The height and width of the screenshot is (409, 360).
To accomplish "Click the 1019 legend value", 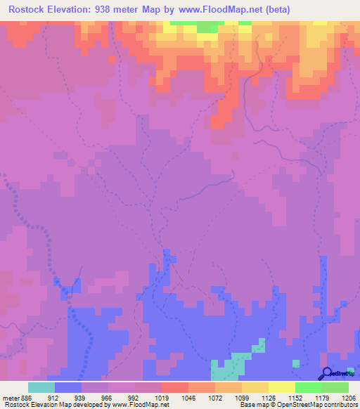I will tap(162, 397).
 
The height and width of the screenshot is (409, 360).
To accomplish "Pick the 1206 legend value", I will tap(349, 397).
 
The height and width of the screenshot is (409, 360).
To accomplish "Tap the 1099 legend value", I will tap(242, 397).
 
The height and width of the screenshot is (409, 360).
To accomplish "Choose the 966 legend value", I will tap(108, 397).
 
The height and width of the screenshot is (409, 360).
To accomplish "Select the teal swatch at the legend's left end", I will tap(41, 387).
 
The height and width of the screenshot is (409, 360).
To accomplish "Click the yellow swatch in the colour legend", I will tap(282, 387).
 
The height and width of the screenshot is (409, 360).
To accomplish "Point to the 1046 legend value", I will tap(188, 397).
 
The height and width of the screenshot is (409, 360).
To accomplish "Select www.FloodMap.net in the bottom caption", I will tap(138, 405).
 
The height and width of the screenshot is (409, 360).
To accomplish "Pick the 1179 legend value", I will tap(322, 397).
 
